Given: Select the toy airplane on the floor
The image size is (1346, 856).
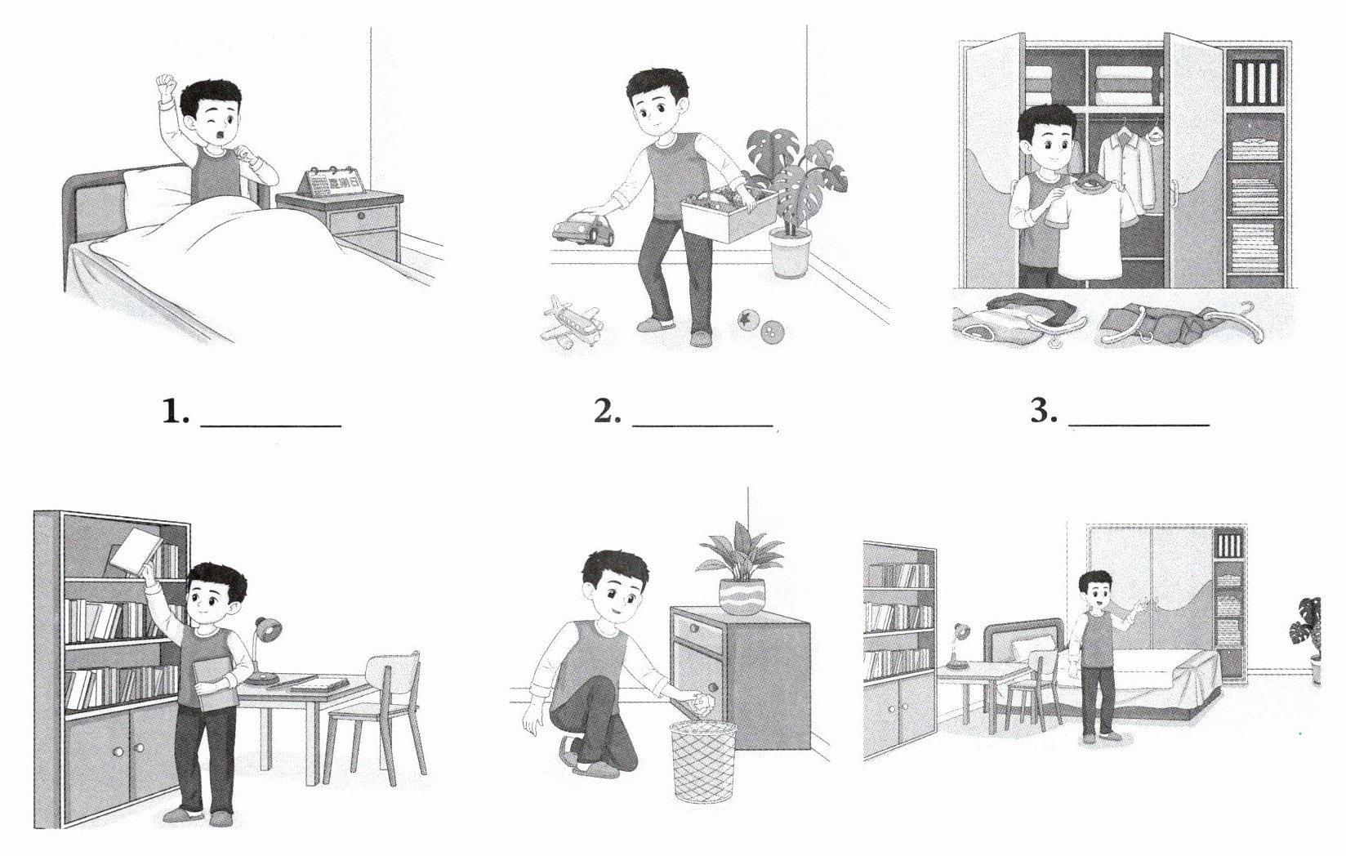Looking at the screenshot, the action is (x=571, y=322).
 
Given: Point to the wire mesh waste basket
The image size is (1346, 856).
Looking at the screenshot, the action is (x=703, y=761).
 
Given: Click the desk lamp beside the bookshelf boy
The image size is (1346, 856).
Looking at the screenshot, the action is (x=265, y=650).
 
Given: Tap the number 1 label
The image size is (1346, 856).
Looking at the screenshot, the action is (x=176, y=412).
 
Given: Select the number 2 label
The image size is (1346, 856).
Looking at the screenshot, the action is (x=608, y=412).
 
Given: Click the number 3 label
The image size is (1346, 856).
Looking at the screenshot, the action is (x=1045, y=412).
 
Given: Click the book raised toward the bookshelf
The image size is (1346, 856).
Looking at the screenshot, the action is (x=135, y=552).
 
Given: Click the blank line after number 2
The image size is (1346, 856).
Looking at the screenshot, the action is (x=702, y=426).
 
